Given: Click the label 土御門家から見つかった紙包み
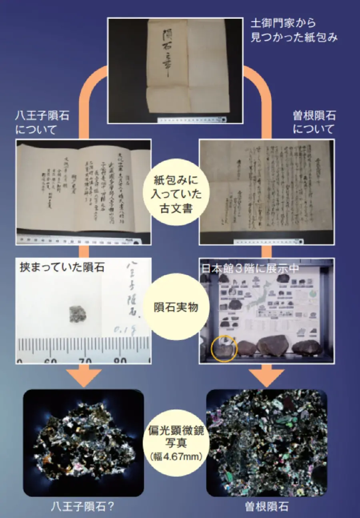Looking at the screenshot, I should pos(294,31).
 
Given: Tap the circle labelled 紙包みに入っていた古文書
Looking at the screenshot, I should pos(176,191).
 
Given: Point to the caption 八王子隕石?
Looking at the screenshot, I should pos(83,507).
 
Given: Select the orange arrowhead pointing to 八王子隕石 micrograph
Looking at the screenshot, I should pos(83,377).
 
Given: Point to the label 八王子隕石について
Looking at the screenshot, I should pos(42,123).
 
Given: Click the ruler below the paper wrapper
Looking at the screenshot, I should pos(192,119).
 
